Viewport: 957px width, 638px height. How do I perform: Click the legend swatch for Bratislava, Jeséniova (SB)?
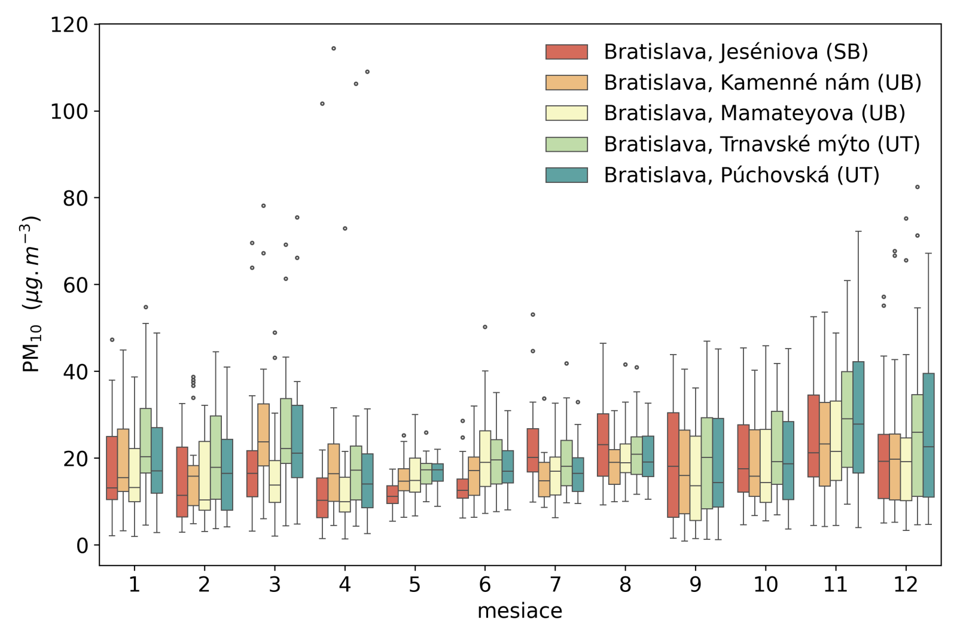[x=566, y=52]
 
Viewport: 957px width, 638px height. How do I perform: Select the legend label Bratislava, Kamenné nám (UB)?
[x=762, y=83]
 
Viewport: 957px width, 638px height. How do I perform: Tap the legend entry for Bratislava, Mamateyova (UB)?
[x=754, y=114]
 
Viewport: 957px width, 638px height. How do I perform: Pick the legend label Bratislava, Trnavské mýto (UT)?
[x=761, y=145]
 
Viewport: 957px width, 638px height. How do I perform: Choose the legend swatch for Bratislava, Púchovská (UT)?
[x=566, y=175]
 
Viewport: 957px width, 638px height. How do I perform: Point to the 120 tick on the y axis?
[x=69, y=25]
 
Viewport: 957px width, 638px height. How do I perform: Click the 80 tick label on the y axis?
[x=75, y=199]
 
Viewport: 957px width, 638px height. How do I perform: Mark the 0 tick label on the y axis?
[x=82, y=545]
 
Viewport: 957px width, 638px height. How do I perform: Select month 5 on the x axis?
[x=415, y=584]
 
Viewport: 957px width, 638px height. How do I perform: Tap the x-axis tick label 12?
[x=905, y=584]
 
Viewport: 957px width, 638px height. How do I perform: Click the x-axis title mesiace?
[x=519, y=611]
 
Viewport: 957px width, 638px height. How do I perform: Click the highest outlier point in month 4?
[x=334, y=48]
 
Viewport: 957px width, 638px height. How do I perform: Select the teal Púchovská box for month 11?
[x=858, y=417]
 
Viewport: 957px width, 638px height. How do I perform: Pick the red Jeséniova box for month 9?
[x=673, y=465]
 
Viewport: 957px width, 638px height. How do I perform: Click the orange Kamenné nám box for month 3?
[x=263, y=435]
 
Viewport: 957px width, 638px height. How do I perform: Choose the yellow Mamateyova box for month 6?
[x=485, y=458]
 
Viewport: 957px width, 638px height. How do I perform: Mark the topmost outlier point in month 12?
[x=917, y=187]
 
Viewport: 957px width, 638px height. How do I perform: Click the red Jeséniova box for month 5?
[x=392, y=494]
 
